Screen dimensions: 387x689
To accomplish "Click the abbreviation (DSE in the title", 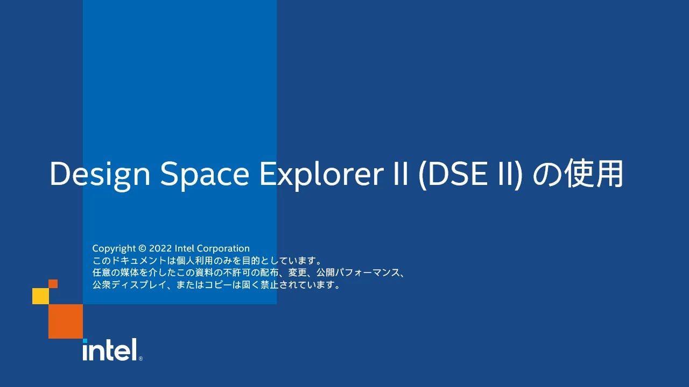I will click(448, 174).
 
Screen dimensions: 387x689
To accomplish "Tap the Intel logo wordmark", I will click(110, 350).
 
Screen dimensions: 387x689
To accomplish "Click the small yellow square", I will click(40, 296).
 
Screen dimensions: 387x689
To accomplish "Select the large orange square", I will click(66, 321).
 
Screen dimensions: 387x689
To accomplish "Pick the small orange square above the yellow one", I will click(53, 284).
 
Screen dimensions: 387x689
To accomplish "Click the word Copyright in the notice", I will click(114, 249).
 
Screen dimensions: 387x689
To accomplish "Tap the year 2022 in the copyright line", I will click(160, 249).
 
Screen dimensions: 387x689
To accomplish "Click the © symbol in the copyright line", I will click(142, 249).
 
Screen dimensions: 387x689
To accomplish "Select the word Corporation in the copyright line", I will click(223, 249).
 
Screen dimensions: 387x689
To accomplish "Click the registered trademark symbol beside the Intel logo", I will click(140, 359).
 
